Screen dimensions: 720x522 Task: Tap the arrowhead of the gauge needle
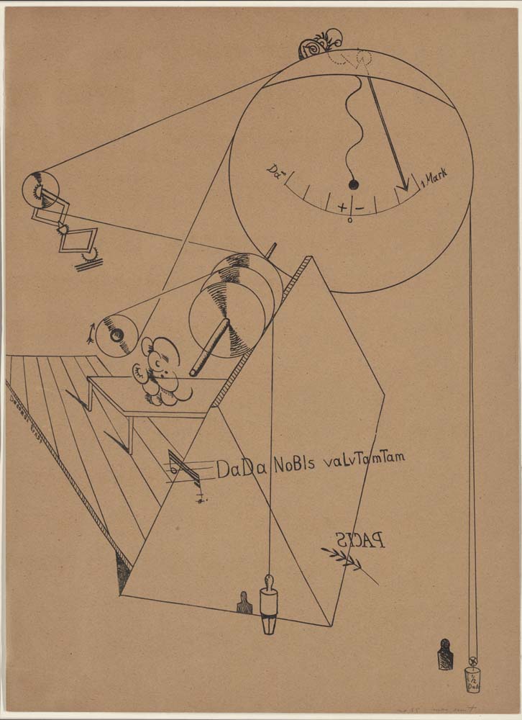click(404, 185)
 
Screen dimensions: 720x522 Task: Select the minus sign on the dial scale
click(359, 208)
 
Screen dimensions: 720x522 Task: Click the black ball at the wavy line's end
click(353, 185)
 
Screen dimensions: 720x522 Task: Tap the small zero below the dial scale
click(350, 220)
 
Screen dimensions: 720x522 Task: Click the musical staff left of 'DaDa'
click(186, 469)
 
